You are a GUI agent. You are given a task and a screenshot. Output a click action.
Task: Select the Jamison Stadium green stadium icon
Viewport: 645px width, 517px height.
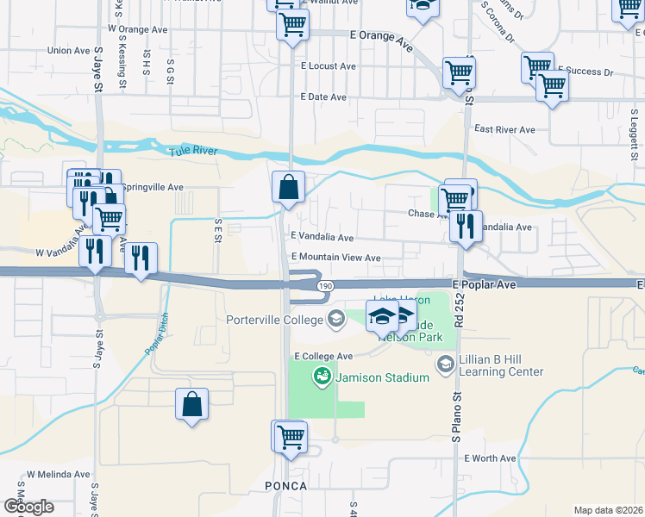tap(322, 377)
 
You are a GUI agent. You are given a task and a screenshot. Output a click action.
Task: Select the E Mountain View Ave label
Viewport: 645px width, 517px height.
tap(336, 258)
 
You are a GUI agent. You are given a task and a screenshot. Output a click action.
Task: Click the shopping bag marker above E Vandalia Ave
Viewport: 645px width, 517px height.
tap(287, 186)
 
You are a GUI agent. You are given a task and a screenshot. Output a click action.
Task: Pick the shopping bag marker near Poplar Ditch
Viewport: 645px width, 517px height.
tap(191, 404)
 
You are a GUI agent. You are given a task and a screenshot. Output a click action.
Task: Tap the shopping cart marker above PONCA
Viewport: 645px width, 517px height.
tap(290, 437)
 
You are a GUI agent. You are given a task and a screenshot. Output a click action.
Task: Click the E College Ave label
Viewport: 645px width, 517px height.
tap(323, 356)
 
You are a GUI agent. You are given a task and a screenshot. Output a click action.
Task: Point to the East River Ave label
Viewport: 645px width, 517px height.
tap(504, 130)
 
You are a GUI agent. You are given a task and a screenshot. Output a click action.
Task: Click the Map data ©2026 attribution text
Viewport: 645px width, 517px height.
tap(608, 510)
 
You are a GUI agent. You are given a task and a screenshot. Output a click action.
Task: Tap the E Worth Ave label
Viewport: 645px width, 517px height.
tap(489, 458)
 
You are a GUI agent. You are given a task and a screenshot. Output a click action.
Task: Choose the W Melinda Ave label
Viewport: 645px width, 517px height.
tap(58, 474)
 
